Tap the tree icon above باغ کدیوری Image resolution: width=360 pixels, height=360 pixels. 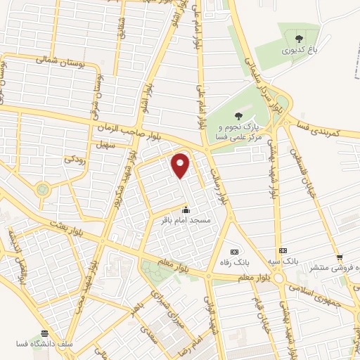(300, 39)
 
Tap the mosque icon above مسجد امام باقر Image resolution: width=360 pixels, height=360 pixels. (186, 210)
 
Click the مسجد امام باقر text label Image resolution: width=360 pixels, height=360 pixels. (186, 221)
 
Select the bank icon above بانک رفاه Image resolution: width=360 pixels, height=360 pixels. (234, 252)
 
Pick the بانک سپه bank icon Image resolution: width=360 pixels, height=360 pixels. (283, 250)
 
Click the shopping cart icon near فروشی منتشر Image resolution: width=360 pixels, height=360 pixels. (340, 257)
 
